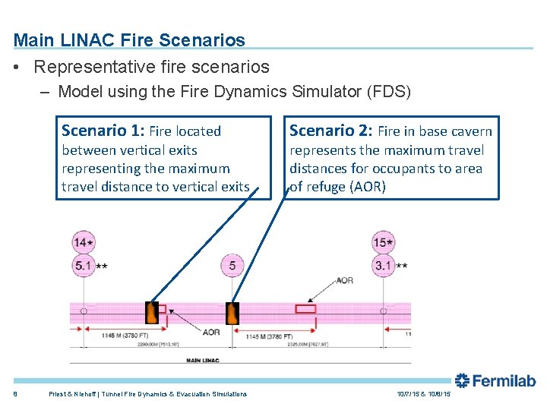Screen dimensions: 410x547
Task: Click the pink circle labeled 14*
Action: point(83,243)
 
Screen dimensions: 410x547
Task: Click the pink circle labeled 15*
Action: point(383,243)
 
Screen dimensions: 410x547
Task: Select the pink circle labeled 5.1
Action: point(83,266)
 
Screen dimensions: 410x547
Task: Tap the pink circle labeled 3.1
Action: point(383,266)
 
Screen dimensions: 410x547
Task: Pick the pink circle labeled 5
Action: point(232,266)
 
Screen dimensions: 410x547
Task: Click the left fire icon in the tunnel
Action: point(152,312)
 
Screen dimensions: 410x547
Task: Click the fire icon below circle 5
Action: point(232,313)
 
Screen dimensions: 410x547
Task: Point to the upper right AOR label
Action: point(344,280)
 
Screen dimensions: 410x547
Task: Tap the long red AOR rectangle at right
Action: point(305,309)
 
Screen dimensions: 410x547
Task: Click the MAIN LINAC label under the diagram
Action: point(203,360)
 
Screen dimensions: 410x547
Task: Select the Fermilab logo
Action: point(495,381)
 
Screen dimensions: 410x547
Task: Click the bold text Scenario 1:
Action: point(103,131)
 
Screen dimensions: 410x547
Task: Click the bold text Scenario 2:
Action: point(331,131)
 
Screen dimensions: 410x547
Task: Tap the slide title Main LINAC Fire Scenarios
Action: point(129,39)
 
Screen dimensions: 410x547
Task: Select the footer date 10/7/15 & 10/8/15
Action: point(423,394)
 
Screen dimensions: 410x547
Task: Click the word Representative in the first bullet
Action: point(91,67)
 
